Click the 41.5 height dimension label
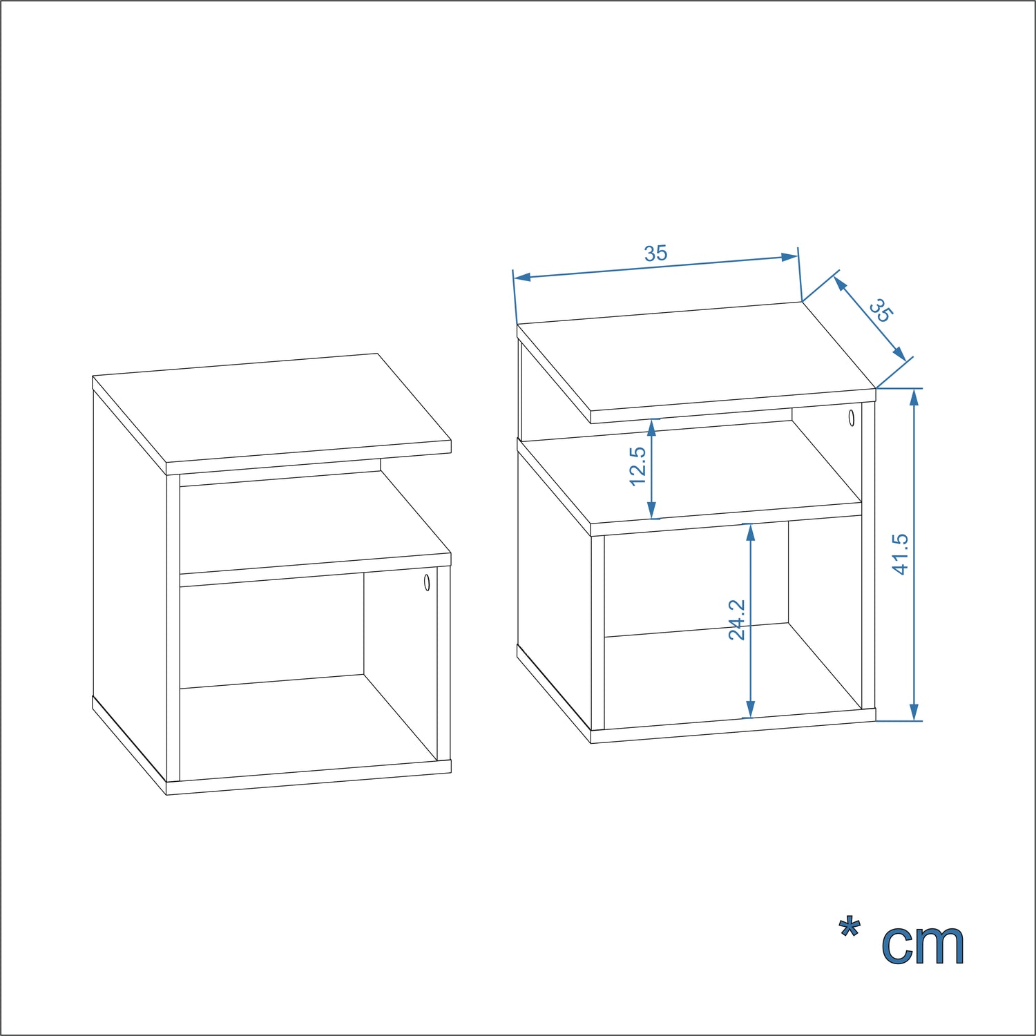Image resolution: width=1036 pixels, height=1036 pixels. (x=901, y=554)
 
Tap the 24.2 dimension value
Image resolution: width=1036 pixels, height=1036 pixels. (x=737, y=620)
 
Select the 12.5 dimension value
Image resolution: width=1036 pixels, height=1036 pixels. (x=637, y=466)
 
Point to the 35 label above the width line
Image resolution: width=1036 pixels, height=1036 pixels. (x=656, y=253)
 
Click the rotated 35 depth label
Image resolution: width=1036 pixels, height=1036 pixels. (x=881, y=310)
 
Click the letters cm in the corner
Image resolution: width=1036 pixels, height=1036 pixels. (x=923, y=945)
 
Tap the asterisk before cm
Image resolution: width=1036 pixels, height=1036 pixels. (x=850, y=928)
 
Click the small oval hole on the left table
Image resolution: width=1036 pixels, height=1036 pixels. (x=427, y=582)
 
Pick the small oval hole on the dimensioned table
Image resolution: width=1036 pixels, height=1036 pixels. (x=851, y=418)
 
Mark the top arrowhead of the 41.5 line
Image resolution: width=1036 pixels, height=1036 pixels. (x=914, y=396)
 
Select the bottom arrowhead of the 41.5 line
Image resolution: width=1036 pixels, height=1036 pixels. (x=914, y=712)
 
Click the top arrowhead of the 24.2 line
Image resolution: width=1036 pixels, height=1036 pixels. (x=751, y=532)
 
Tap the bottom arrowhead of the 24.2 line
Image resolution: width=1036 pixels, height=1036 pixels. (x=751, y=709)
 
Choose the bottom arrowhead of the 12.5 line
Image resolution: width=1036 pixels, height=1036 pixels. (x=651, y=510)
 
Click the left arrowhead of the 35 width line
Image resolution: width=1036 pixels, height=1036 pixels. (x=523, y=277)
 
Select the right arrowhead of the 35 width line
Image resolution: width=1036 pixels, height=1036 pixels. (x=789, y=257)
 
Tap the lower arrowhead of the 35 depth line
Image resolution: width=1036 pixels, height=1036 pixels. (x=899, y=354)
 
